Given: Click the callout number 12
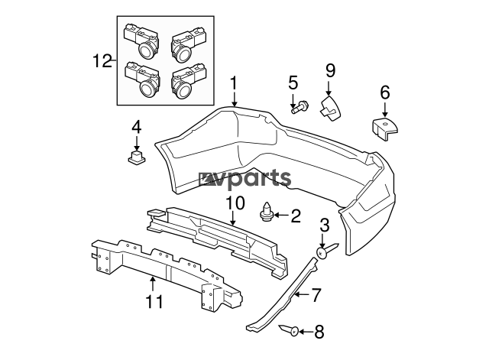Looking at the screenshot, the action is pyautogui.click(x=102, y=61).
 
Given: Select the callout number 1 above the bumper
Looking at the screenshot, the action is pyautogui.click(x=234, y=84).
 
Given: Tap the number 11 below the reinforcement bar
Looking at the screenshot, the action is pyautogui.click(x=154, y=301).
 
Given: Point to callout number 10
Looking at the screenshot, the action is pyautogui.click(x=235, y=203).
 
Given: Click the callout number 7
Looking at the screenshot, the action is pyautogui.click(x=316, y=295).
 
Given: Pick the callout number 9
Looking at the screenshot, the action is pyautogui.click(x=330, y=70).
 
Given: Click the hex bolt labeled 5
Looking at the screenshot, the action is pyautogui.click(x=300, y=107).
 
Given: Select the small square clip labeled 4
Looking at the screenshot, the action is pyautogui.click(x=137, y=157).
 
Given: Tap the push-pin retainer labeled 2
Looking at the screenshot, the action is pyautogui.click(x=266, y=212).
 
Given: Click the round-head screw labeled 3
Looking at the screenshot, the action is pyautogui.click(x=326, y=250).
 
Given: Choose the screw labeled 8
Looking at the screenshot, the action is pyautogui.click(x=290, y=330).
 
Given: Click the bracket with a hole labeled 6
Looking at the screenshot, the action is pyautogui.click(x=385, y=128).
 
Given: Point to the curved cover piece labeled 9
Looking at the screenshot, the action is pyautogui.click(x=329, y=108).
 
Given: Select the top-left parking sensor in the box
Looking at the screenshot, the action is pyautogui.click(x=142, y=40).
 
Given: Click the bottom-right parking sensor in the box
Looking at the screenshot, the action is pyautogui.click(x=189, y=82).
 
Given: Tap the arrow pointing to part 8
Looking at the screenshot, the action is pyautogui.click(x=306, y=332).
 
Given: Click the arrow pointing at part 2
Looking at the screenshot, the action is pyautogui.click(x=281, y=216).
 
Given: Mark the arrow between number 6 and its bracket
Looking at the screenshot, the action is pyautogui.click(x=385, y=109).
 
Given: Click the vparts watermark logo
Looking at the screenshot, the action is pyautogui.click(x=245, y=180).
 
